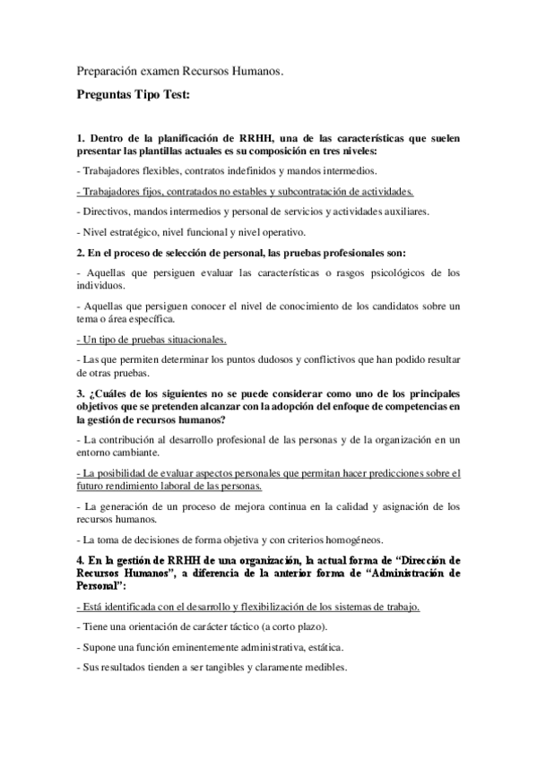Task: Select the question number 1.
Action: coord(80,138)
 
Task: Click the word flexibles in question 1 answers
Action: coord(161,170)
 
